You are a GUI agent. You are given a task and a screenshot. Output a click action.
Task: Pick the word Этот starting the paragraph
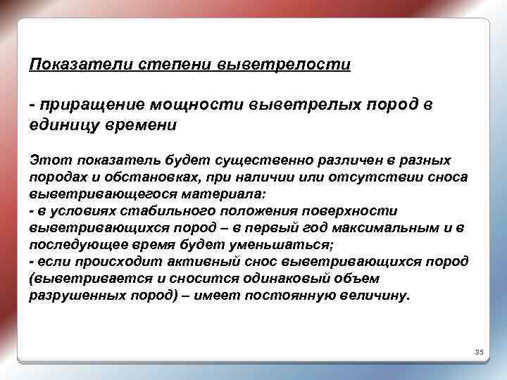pyautogui.click(x=44, y=160)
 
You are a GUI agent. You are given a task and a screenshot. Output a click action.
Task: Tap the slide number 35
pyautogui.click(x=477, y=352)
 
